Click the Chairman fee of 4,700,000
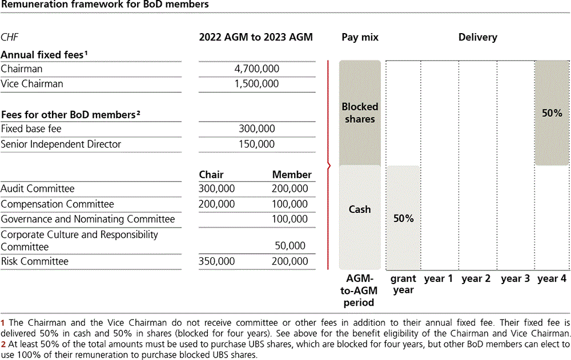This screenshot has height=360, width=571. click(257, 69)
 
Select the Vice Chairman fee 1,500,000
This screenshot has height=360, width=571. click(257, 84)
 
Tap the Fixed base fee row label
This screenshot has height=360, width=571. click(31, 129)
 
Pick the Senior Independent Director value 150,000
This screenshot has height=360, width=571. click(257, 144)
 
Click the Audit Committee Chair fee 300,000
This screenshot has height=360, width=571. click(216, 189)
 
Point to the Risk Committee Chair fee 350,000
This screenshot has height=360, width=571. click(216, 261)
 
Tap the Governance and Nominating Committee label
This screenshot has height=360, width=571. click(88, 219)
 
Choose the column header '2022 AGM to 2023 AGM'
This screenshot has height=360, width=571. click(256, 38)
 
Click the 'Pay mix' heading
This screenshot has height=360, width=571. click(360, 38)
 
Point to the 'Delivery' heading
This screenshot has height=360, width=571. click(477, 38)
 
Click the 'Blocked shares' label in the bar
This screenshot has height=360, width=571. click(360, 113)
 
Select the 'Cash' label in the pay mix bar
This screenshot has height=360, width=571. click(360, 209)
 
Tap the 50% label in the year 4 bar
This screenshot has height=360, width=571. click(552, 114)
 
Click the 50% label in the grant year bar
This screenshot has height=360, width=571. click(403, 219)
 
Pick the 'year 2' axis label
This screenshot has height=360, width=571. click(476, 279)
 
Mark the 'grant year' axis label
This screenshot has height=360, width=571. click(403, 284)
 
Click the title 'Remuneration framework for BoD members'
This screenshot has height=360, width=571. click(104, 5)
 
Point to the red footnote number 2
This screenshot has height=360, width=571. click(3, 345)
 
